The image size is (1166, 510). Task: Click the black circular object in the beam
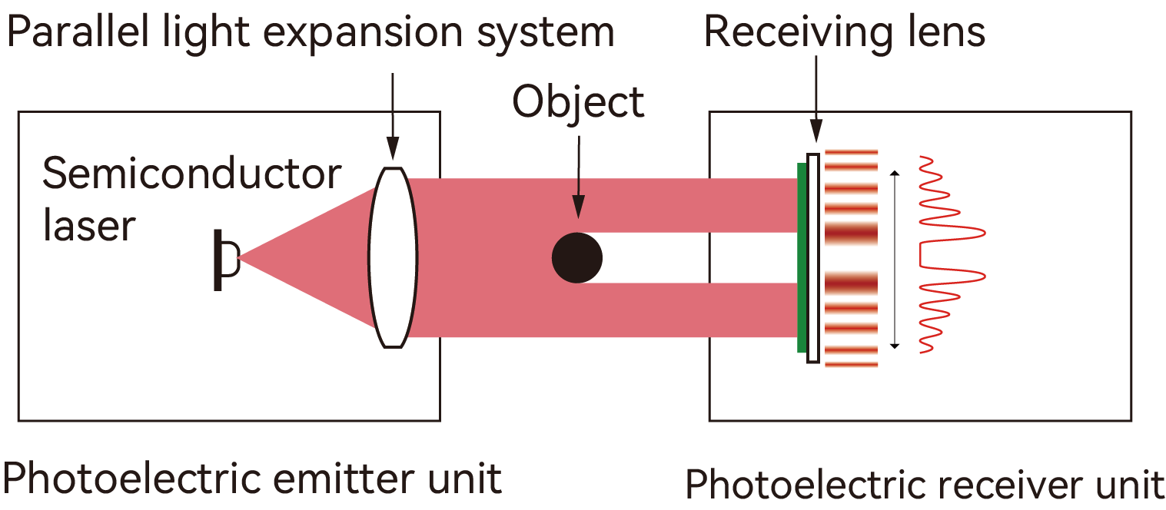coord(577,257)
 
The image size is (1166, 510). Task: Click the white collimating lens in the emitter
coord(393,257)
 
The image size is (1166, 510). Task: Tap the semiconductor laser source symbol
coord(224,260)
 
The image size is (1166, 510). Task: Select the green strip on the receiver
coord(802,257)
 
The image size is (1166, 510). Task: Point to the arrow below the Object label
coord(578,177)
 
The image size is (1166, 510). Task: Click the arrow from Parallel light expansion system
coord(393,115)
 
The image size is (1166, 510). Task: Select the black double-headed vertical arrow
coord(894,260)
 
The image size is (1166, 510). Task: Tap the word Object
coord(578,102)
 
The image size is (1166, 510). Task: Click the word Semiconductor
coord(191,175)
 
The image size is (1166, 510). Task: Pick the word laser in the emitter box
coord(88,226)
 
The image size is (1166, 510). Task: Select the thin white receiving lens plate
coord(812,257)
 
